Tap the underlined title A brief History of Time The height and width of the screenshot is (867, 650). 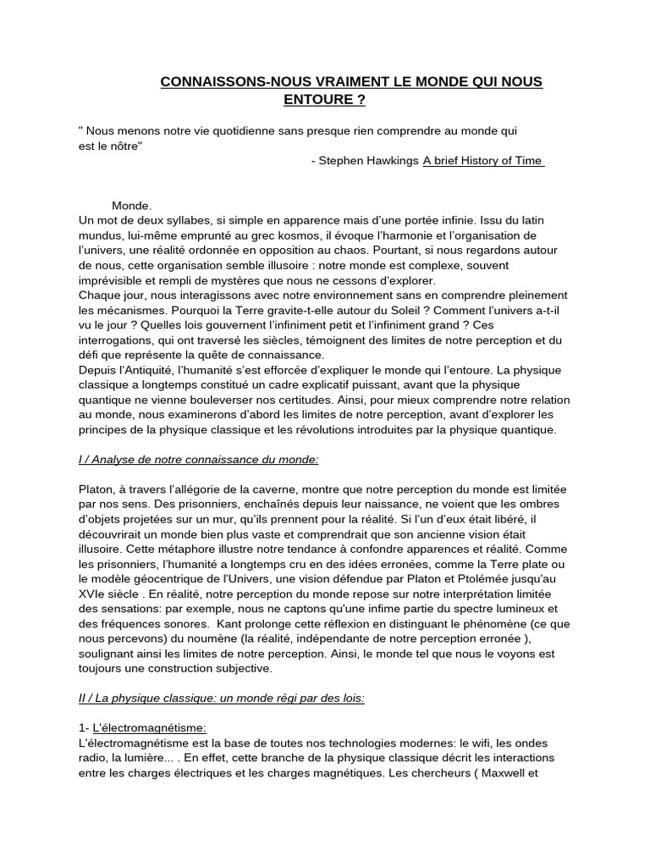[482, 162]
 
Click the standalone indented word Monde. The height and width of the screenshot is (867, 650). [131, 206]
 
